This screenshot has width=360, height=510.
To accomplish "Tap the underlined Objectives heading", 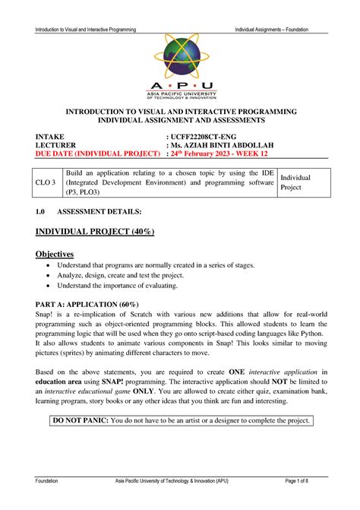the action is tap(55, 253).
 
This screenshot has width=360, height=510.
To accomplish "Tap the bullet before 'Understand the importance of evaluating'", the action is tap(49, 287).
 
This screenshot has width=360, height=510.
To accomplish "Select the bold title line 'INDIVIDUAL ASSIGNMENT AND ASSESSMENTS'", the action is tap(180, 120).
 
